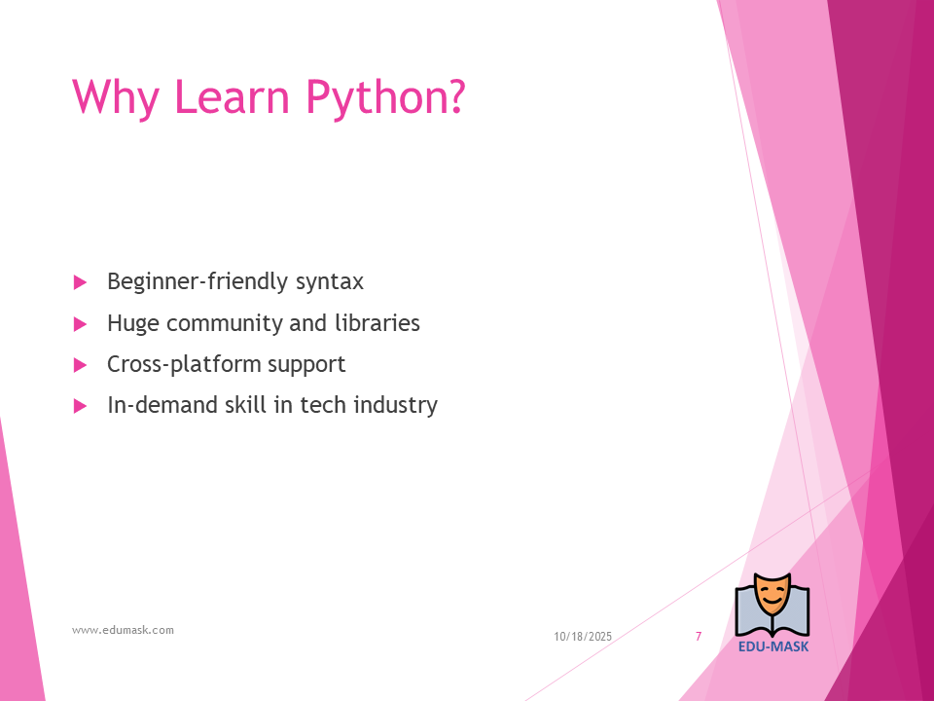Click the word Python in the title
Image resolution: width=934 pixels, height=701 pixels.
pyautogui.click(x=385, y=97)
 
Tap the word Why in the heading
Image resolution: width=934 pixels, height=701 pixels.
pyautogui.click(x=116, y=97)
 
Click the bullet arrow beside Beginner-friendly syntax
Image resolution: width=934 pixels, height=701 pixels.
pyautogui.click(x=81, y=282)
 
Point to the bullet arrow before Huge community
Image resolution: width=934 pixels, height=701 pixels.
pyautogui.click(x=81, y=324)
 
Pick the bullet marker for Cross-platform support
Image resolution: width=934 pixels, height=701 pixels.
pyautogui.click(x=81, y=365)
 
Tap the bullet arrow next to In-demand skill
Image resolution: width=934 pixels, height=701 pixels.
pyautogui.click(x=81, y=407)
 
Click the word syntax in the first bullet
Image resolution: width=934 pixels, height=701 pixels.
pyautogui.click(x=330, y=282)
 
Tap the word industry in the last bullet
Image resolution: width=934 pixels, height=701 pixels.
pyautogui.click(x=396, y=405)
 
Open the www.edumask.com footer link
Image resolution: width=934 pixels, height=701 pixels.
pyautogui.click(x=123, y=630)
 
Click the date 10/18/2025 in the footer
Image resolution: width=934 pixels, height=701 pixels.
pyautogui.click(x=583, y=637)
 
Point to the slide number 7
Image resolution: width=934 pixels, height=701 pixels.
pyautogui.click(x=699, y=636)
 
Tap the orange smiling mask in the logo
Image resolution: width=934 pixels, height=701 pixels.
pyautogui.click(x=772, y=596)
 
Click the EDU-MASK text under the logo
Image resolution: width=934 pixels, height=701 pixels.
pyautogui.click(x=773, y=646)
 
